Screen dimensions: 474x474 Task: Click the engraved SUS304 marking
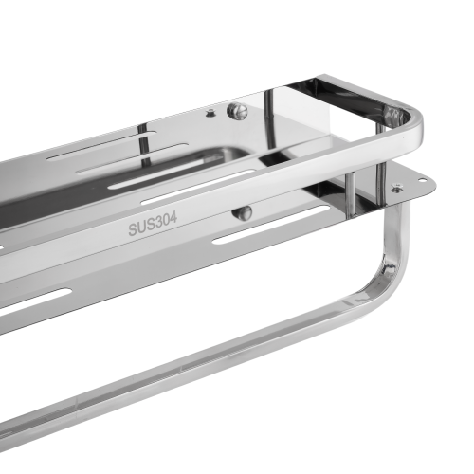[153, 224]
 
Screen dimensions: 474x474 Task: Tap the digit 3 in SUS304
[159, 223]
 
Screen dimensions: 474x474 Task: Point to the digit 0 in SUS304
[167, 221]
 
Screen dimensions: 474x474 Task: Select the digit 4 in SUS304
[173, 219]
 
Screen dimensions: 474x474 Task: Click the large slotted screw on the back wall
[237, 111]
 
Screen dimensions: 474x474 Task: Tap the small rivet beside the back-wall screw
[210, 113]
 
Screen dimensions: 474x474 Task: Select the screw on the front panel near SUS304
[242, 212]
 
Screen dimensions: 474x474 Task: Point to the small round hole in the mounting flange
[423, 180]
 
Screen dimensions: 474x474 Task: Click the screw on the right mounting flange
[395, 189]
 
